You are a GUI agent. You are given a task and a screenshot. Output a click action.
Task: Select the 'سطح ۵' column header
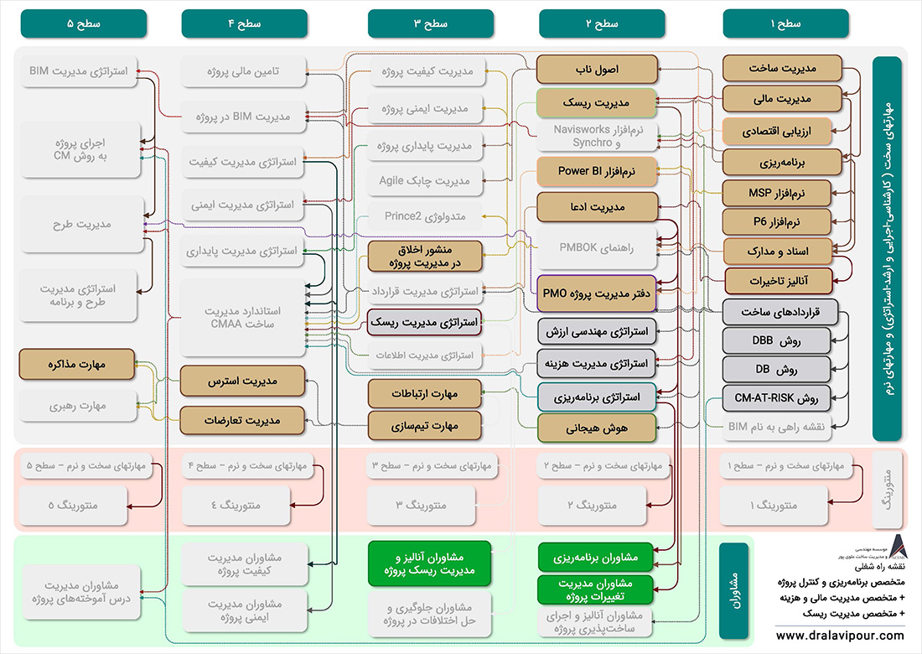(82, 24)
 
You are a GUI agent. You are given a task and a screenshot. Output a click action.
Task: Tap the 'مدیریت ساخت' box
(776, 68)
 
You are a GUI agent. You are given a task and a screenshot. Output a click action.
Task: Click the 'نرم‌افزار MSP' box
(776, 193)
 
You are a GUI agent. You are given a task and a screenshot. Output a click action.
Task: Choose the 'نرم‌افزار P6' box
(776, 221)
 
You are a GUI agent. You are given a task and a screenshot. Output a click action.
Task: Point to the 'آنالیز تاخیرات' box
(776, 278)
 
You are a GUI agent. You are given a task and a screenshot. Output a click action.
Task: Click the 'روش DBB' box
(776, 340)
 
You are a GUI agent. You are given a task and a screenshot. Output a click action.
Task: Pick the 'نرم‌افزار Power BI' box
(596, 172)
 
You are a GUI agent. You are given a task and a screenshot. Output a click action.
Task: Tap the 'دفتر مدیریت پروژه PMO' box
(596, 293)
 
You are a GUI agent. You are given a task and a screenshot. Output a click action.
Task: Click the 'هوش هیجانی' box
(596, 428)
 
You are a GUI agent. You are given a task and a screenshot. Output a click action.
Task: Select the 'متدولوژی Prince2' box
(425, 216)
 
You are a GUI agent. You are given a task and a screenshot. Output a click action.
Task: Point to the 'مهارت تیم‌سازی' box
(425, 426)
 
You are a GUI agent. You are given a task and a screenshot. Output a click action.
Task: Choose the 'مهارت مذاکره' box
(79, 365)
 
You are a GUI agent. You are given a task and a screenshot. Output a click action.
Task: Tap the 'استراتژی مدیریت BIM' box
(79, 72)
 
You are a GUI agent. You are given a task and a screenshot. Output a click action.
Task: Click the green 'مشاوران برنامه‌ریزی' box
(596, 557)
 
